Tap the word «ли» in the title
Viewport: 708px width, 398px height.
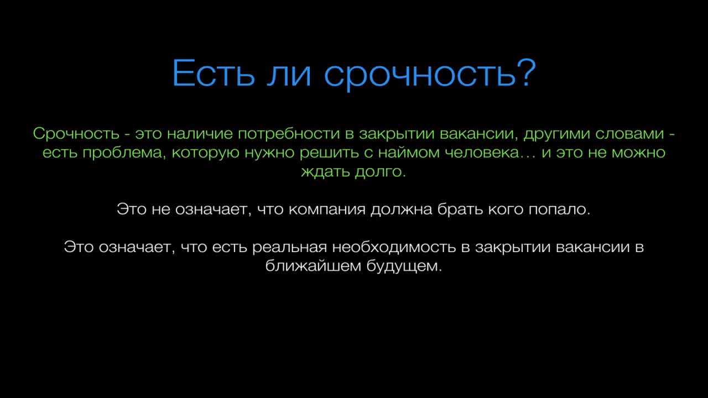point(289,75)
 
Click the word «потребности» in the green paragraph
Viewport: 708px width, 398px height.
point(289,134)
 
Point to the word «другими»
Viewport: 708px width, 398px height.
point(557,134)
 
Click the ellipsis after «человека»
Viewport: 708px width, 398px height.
point(528,157)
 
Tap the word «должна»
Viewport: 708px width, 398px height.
point(401,210)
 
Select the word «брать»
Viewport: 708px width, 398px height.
point(460,209)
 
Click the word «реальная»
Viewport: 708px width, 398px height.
point(289,247)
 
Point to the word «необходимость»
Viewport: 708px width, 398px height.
point(394,247)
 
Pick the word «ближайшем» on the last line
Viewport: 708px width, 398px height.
point(313,266)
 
